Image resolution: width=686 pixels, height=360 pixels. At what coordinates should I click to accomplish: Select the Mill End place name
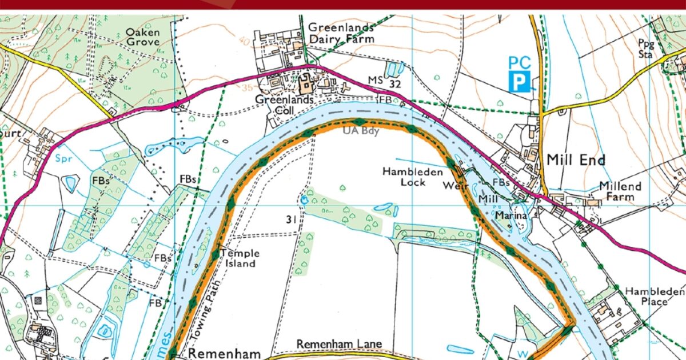click(576, 160)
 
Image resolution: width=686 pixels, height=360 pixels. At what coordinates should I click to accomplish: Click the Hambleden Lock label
click(405, 177)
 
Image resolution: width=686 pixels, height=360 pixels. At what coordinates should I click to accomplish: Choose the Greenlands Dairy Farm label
click(341, 33)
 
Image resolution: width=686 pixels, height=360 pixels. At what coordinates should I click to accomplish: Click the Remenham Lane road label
click(338, 345)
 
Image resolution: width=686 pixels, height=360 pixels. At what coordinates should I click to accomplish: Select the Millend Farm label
click(620, 191)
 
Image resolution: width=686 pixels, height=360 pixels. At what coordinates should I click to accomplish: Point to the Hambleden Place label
click(654, 296)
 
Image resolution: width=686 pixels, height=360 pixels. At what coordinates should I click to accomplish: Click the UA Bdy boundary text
click(357, 131)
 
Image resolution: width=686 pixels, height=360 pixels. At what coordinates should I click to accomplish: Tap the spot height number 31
click(290, 219)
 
